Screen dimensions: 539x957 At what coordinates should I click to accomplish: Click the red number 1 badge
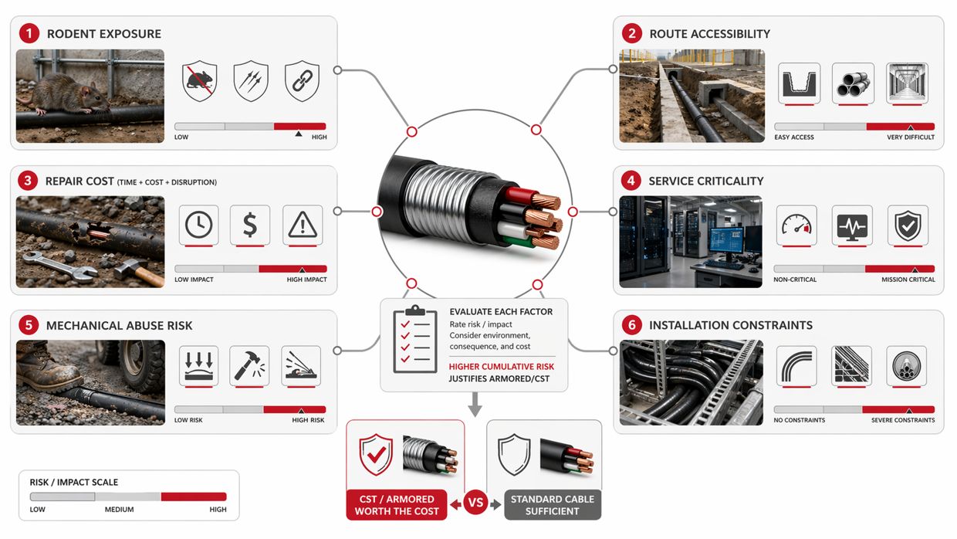(29, 33)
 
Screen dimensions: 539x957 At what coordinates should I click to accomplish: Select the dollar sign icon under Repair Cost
(249, 225)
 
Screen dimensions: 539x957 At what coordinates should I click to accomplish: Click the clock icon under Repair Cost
(198, 225)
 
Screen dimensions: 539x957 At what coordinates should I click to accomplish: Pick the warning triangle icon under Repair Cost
(303, 225)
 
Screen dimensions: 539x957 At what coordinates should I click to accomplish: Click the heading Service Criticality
(705, 181)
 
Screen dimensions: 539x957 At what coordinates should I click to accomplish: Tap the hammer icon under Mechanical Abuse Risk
(249, 365)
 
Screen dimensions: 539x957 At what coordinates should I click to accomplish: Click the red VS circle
(476, 503)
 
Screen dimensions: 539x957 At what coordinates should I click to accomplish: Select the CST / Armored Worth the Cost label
(397, 505)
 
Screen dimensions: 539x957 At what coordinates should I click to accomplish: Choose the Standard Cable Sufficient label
(553, 505)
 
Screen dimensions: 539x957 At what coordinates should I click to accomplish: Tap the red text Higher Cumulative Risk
(502, 367)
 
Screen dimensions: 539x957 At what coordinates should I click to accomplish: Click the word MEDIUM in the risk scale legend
(120, 510)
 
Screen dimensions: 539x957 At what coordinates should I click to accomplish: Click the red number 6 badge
(631, 325)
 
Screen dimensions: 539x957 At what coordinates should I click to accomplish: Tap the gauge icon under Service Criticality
(795, 225)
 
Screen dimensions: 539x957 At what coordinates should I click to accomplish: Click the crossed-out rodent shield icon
(199, 81)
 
